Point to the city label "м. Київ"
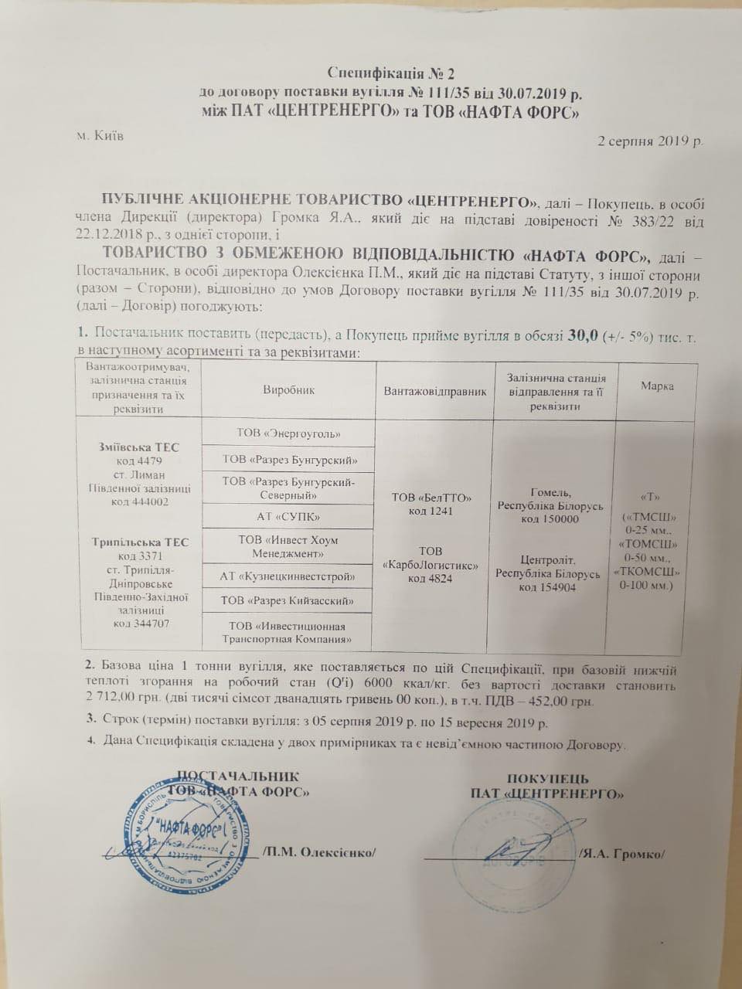click(x=100, y=136)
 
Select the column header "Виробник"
click(x=288, y=389)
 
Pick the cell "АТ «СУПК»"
click(x=288, y=515)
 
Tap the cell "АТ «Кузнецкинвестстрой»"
click(x=288, y=575)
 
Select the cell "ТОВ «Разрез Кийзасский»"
click(x=288, y=600)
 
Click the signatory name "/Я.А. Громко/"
click(x=622, y=853)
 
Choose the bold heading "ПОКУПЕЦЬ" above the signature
click(x=548, y=778)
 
